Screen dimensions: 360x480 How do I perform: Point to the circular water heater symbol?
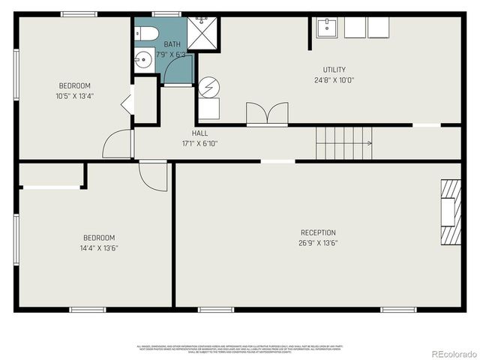pos(208,86)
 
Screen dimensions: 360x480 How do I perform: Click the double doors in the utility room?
pos(267,113)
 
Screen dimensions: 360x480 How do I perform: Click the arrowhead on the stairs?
pos(369,142)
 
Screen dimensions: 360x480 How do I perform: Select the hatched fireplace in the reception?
pos(450,211)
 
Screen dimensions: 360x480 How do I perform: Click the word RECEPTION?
pos(318,232)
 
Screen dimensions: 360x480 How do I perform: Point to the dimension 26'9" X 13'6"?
pos(318,243)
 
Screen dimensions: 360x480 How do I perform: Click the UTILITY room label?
pos(334,69)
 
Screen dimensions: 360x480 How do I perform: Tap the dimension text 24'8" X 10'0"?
pos(334,79)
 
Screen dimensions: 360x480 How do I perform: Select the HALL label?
pos(199,133)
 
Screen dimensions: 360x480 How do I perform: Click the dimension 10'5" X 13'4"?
pos(74,96)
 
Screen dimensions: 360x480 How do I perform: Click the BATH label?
pos(172,44)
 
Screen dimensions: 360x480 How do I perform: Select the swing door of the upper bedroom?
pos(118,144)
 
